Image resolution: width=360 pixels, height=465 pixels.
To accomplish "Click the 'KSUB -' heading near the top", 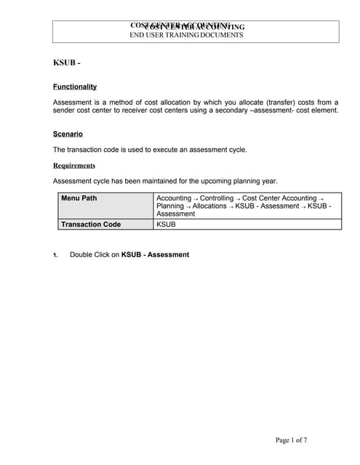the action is coord(66,63).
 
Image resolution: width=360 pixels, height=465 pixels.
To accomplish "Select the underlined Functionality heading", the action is coord(75,86).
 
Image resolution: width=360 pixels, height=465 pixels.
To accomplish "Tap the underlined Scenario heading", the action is coord(68,134).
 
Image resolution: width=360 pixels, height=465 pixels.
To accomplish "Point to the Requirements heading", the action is coord(74,165).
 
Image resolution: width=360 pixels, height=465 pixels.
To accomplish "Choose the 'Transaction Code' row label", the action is coord(91,225).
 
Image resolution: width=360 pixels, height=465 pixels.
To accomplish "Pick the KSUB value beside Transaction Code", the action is coord(166,225).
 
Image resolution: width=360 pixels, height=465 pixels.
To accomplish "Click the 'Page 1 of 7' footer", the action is coord(291,440).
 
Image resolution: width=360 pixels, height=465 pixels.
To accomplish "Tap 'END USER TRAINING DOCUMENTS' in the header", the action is coord(186,35).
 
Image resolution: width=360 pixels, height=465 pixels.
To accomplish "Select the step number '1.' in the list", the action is coord(55,255).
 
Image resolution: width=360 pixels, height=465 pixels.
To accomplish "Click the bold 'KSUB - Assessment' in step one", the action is coord(155,254).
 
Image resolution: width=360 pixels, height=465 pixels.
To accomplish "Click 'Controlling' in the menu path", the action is coord(217,198).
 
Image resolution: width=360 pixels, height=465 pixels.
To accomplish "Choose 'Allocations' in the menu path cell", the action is coord(210,206).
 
